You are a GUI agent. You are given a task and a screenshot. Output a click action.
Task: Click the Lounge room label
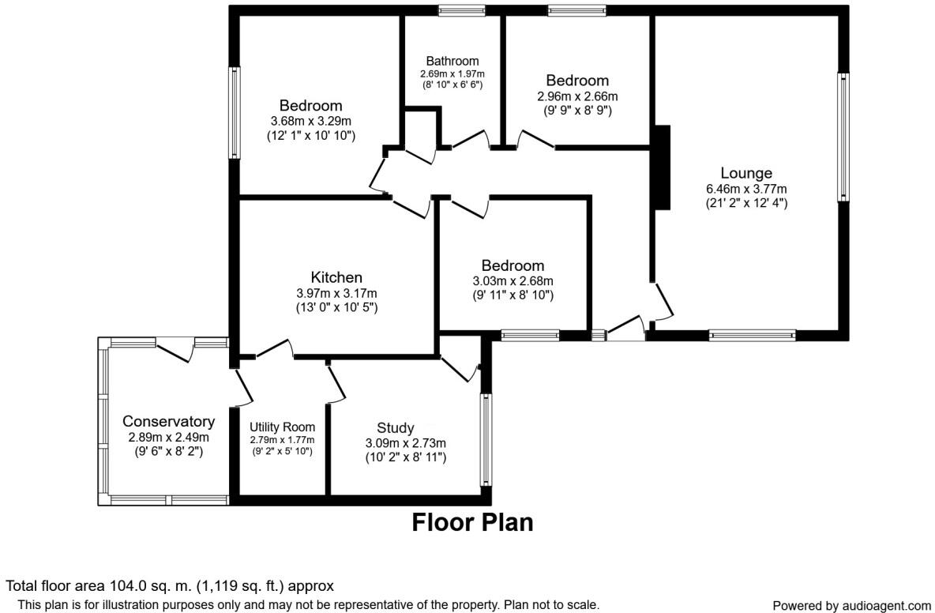tap(745, 173)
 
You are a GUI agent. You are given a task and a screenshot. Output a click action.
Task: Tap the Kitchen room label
tap(336, 277)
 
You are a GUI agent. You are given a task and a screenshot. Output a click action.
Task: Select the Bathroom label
tap(452, 61)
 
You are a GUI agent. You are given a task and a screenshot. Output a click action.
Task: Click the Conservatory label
tap(168, 422)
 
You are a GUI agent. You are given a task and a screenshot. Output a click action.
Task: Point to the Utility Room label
tap(282, 427)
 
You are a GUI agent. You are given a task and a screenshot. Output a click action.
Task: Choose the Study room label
tap(395, 428)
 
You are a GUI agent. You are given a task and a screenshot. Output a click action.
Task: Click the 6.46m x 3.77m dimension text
tap(746, 189)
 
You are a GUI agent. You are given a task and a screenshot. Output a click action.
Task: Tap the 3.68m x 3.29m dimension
tap(310, 121)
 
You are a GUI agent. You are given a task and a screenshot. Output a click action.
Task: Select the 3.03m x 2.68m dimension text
tap(513, 281)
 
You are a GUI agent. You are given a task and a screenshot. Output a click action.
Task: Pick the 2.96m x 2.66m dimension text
tap(577, 96)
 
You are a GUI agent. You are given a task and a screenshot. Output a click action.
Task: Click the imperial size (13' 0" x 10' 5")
tap(336, 307)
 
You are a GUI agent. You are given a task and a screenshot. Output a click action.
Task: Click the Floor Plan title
tap(472, 522)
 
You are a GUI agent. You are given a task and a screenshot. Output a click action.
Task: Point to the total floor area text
tap(170, 586)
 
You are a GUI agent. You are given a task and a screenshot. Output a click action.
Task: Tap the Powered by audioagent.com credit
tap(851, 606)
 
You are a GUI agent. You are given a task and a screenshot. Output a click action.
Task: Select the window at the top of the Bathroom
tap(462, 10)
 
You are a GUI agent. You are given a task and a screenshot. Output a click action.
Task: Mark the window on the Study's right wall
tap(486, 439)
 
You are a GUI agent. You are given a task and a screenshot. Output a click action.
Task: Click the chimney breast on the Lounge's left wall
tap(662, 167)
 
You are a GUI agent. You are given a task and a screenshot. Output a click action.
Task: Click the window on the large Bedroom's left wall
tap(235, 112)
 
